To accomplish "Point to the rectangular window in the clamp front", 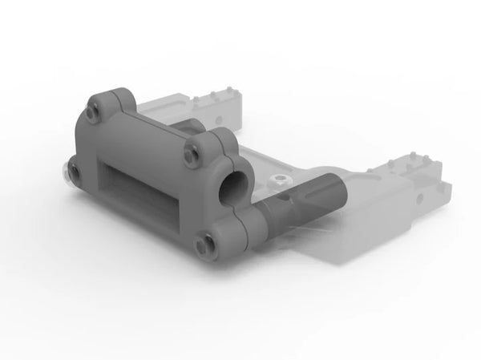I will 136,192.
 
